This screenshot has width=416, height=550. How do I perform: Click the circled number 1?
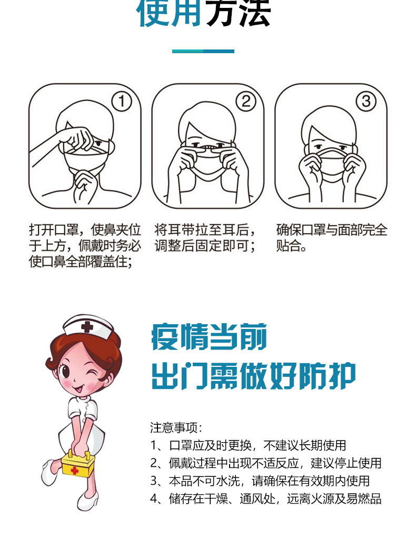[122, 102]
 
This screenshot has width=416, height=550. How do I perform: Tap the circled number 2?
[245, 102]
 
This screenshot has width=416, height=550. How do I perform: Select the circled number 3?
[366, 102]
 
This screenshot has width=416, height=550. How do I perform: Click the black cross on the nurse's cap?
[87, 327]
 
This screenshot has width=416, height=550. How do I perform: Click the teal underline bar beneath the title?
[203, 51]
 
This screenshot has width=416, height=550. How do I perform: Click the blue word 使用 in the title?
[169, 13]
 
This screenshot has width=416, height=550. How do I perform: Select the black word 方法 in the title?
[238, 13]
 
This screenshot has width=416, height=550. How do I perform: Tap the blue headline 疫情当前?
[209, 337]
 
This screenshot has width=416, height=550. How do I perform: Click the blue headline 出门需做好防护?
[253, 376]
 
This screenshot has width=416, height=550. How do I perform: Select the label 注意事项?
[176, 427]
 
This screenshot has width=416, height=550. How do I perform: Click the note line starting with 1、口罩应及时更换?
[248, 445]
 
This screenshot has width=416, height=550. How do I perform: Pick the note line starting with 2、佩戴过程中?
[266, 463]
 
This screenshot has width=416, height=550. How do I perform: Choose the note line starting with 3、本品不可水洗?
[260, 481]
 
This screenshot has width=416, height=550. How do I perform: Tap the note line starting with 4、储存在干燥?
[266, 498]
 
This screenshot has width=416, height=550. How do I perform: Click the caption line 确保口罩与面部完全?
[332, 230]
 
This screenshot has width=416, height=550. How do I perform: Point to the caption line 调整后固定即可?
[205, 246]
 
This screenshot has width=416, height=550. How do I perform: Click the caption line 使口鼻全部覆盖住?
[81, 262]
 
